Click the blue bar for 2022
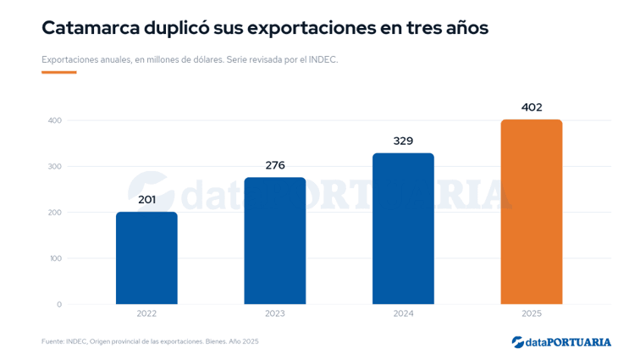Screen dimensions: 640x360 146,258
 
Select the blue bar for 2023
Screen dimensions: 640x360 274,241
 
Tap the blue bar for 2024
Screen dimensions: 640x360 403,229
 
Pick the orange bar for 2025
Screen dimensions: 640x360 532,212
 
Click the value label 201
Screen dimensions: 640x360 147,200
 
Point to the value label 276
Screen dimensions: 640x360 275,165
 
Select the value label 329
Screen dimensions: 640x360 403,141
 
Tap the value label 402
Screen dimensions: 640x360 532,108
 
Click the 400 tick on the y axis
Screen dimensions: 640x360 55,120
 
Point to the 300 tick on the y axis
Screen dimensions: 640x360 55,166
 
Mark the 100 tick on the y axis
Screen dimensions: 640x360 55,258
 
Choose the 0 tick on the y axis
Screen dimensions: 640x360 59,304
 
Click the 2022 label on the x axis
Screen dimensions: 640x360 146,313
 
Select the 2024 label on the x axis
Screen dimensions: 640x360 403,313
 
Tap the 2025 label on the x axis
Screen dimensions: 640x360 532,313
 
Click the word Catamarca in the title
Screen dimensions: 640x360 91,28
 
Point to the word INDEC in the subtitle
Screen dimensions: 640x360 323,59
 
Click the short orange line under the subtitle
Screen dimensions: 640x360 58,73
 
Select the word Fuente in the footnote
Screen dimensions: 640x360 52,341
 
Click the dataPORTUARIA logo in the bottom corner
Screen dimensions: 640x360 561,342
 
